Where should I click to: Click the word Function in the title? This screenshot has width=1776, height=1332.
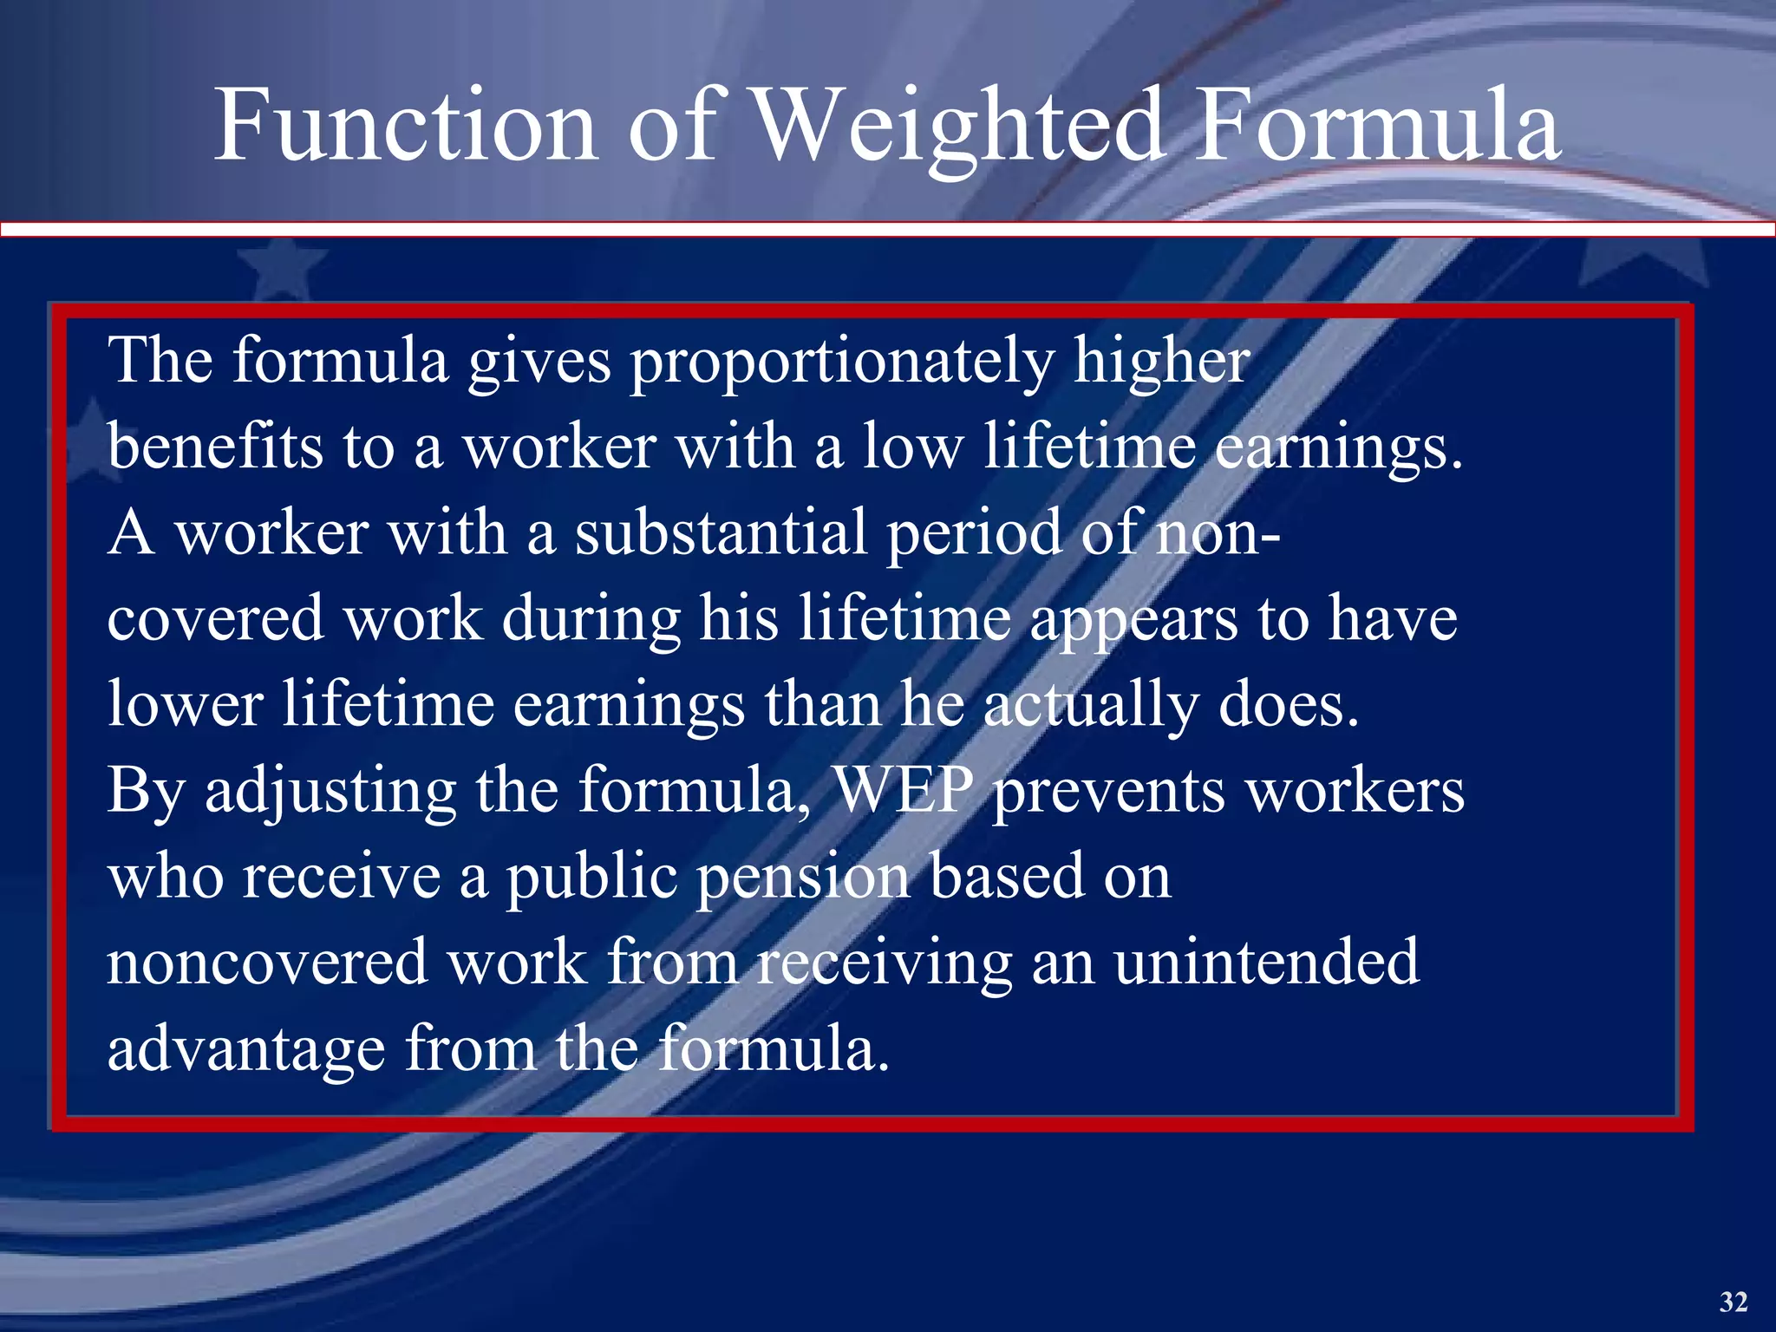click(x=406, y=126)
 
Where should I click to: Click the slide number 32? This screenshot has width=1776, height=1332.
click(x=1733, y=1301)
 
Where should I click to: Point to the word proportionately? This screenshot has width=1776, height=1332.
click(x=842, y=362)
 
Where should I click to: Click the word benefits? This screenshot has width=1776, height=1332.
click(x=214, y=447)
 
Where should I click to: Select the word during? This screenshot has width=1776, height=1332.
click(x=591, y=620)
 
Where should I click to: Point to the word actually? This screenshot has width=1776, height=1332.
click(x=1090, y=706)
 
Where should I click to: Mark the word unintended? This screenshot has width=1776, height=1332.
click(x=1267, y=963)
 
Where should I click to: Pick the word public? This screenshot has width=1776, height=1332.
click(x=591, y=878)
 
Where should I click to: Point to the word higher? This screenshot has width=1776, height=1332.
click(x=1162, y=362)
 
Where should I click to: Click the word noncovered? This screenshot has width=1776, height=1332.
click(x=267, y=963)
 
